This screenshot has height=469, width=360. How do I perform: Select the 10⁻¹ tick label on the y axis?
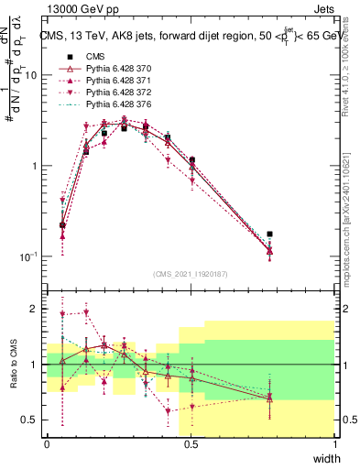[x=29, y=256]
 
